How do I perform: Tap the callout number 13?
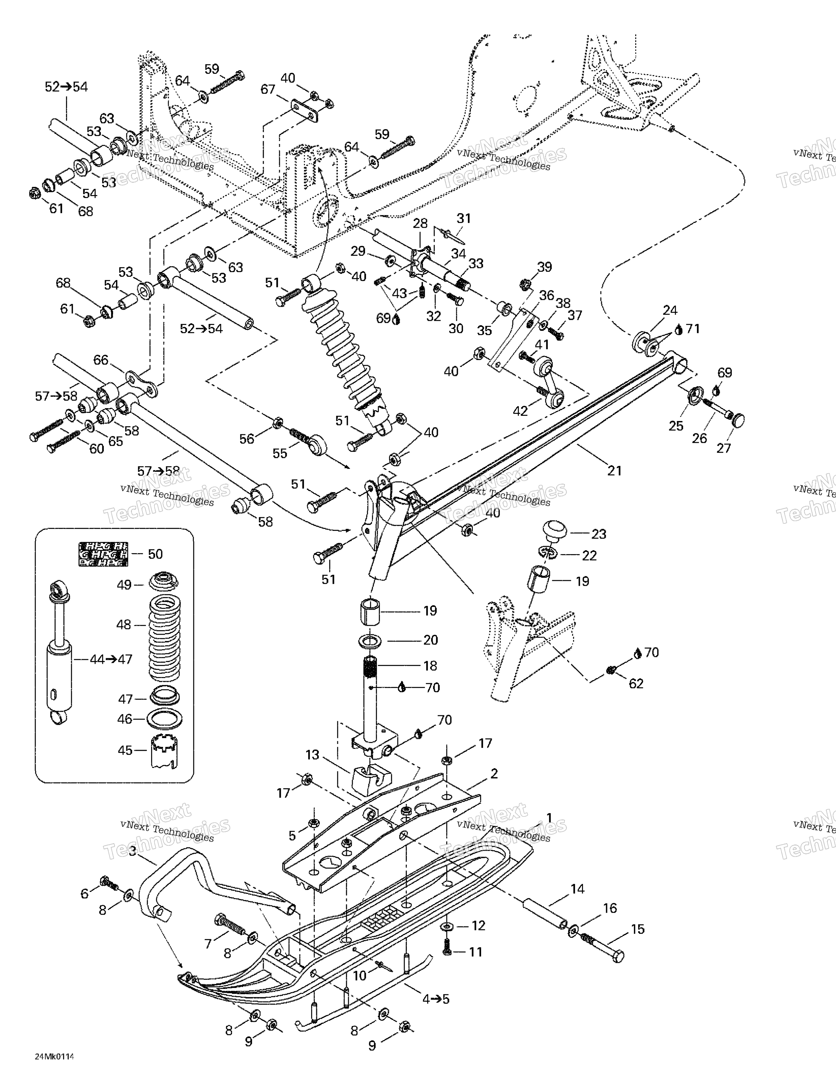tap(312, 755)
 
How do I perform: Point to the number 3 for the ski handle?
tap(132, 851)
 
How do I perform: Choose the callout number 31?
tap(463, 218)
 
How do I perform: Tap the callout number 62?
tap(636, 683)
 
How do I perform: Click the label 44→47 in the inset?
tap(111, 659)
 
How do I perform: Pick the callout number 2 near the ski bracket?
tap(494, 773)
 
